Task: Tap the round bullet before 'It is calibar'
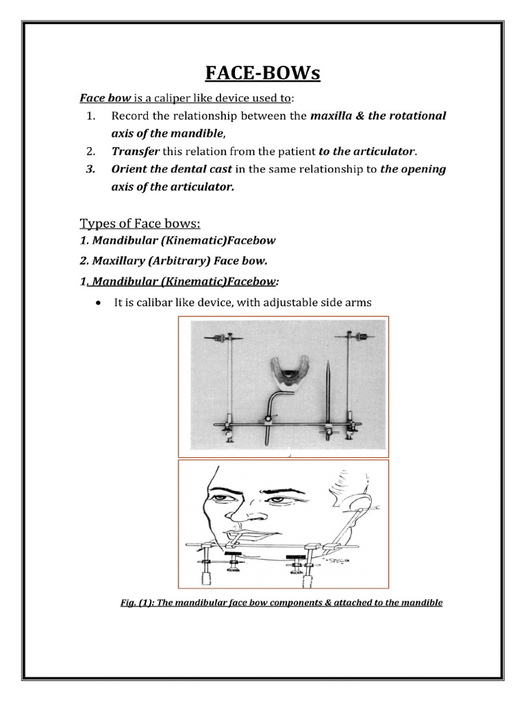coord(100,303)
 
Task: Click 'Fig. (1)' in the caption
coord(138,603)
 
